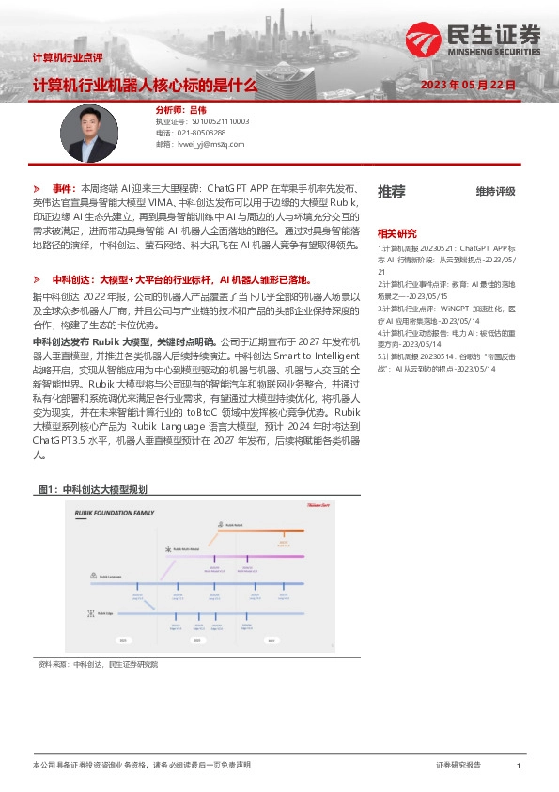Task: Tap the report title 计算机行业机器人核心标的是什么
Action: point(144,85)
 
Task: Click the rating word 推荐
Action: point(391,192)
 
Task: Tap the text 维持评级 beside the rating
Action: point(495,192)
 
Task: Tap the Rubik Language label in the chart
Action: point(105,577)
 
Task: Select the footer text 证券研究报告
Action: point(458,767)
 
